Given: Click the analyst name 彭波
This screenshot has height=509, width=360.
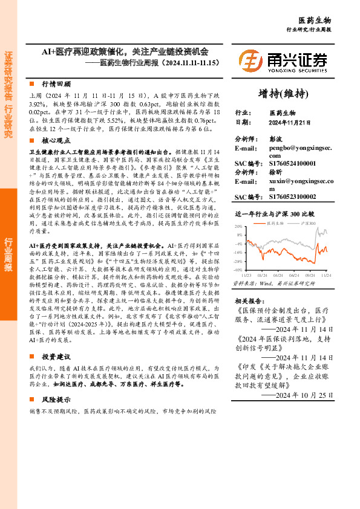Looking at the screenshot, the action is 275,138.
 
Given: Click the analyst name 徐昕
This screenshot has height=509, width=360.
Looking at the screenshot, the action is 275,171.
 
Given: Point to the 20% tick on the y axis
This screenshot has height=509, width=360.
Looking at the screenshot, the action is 238,225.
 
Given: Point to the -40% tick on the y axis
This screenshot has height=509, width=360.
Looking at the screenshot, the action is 238,270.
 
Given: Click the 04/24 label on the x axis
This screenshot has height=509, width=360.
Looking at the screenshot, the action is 277,274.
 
